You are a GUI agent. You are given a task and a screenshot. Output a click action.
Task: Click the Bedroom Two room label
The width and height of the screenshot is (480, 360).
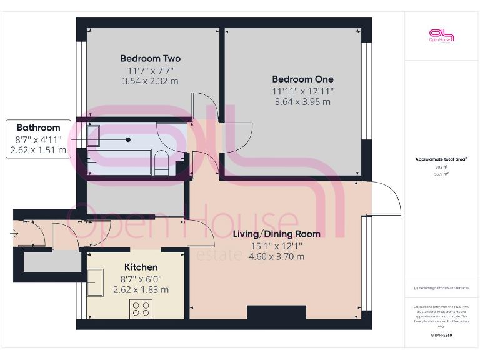(151, 59)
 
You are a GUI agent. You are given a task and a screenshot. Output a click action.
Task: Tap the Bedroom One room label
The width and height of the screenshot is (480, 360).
(302, 79)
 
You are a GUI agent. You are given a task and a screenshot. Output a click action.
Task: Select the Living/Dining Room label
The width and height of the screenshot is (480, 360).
(276, 234)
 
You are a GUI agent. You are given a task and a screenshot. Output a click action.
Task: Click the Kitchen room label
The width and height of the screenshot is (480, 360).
(141, 267)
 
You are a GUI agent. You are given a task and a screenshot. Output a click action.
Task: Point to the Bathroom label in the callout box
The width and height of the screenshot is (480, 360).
(38, 127)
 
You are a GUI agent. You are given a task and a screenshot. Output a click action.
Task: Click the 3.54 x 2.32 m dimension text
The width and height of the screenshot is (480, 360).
(151, 81)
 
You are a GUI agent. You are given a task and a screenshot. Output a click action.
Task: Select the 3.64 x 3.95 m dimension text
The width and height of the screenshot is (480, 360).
(302, 101)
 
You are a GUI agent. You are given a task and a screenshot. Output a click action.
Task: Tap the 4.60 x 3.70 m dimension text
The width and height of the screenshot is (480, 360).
(276, 256)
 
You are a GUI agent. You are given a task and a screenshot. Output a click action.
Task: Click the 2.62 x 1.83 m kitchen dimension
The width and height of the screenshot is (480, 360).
(141, 289)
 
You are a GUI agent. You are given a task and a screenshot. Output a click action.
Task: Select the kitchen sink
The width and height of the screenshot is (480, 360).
(95, 283)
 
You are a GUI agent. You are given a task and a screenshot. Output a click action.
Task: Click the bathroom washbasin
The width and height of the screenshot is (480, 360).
(94, 136)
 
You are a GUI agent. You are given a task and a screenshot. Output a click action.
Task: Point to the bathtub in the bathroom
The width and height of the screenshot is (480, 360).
(119, 162)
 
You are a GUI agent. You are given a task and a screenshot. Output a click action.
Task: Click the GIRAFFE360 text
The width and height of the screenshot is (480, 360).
(442, 336)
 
